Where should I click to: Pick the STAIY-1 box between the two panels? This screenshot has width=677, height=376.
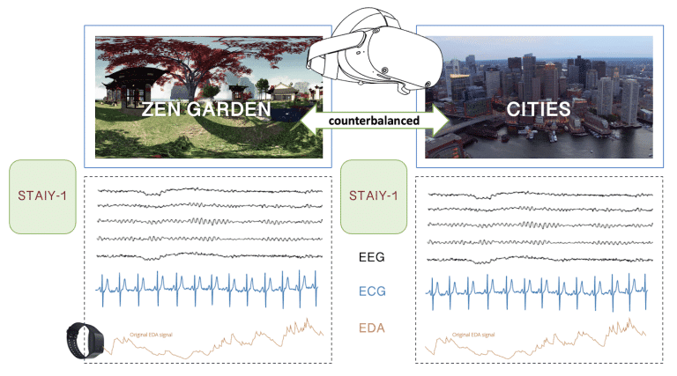[374, 195]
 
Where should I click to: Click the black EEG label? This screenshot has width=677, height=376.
[374, 258]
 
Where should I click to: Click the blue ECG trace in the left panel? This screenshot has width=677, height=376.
[212, 286]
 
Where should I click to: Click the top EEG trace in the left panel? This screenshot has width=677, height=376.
[212, 190]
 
